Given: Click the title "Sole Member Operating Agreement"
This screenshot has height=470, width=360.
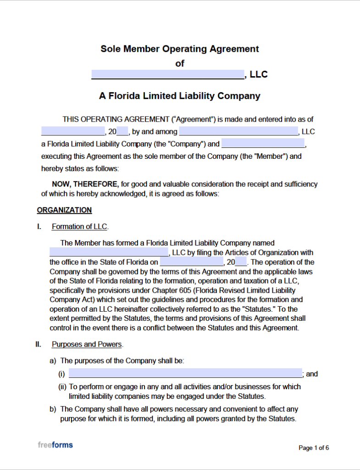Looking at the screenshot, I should click(x=180, y=49).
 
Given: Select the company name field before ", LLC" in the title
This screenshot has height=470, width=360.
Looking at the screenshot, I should click(x=167, y=74).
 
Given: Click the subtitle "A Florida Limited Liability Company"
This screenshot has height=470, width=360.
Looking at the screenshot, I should click(x=180, y=96).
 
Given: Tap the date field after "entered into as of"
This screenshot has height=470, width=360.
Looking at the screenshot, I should click(x=73, y=132).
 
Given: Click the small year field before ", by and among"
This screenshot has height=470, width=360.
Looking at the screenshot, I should click(x=122, y=132).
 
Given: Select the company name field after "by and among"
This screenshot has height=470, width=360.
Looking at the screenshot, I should click(x=238, y=132).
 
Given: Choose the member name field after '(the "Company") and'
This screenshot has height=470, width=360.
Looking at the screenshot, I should click(x=263, y=144).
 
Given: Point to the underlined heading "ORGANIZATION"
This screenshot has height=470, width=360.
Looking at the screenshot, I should click(x=64, y=210).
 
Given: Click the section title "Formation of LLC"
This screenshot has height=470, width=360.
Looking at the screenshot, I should click(x=80, y=226).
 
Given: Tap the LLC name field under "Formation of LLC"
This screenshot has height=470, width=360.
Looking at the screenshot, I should click(x=109, y=252).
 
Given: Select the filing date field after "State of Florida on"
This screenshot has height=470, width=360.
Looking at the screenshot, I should click(x=192, y=262).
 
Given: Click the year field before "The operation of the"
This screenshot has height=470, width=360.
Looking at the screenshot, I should click(x=241, y=262).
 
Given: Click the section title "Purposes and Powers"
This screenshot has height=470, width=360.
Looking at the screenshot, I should click(x=87, y=344).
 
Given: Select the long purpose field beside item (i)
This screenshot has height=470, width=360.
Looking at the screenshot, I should click(x=185, y=374).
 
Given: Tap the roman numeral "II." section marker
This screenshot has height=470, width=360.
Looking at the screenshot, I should click(x=39, y=344).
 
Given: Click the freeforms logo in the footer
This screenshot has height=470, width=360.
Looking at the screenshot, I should click(x=55, y=445).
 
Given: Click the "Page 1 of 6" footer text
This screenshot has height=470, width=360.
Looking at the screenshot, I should click(x=314, y=448).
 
